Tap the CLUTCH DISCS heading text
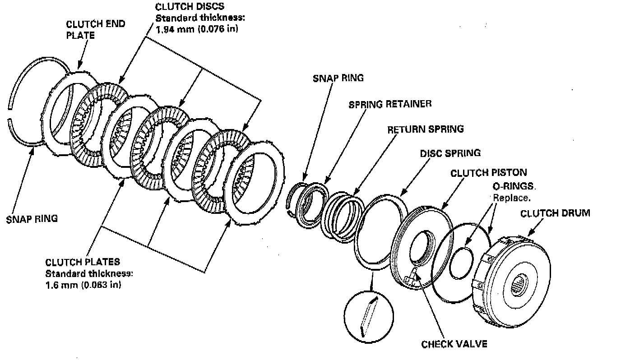click(190, 7)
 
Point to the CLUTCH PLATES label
click(83, 262)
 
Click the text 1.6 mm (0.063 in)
click(83, 285)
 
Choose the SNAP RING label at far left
click(32, 219)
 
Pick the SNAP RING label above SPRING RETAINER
click(338, 78)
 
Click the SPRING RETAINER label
click(390, 104)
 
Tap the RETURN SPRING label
click(425, 129)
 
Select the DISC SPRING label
click(450, 153)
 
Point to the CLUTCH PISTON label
click(488, 173)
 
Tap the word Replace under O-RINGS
click(511, 197)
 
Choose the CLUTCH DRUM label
click(555, 213)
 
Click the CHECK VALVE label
click(454, 344)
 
